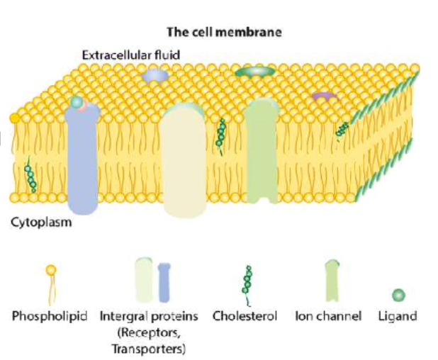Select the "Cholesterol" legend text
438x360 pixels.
click(x=245, y=316)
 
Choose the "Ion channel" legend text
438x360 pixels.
click(x=328, y=316)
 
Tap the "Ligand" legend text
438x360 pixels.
click(x=398, y=316)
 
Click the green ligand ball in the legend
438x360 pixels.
click(x=398, y=295)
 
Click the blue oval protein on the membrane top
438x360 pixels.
click(x=155, y=75)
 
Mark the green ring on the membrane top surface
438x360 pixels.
click(x=255, y=72)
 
